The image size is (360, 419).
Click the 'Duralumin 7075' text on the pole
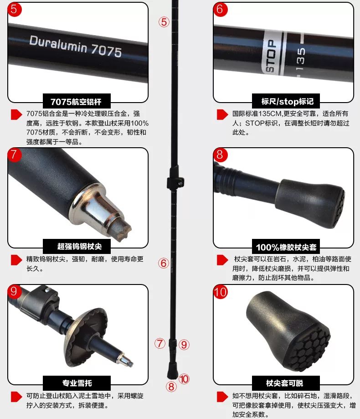click(76, 46)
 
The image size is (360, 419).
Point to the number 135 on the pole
click(300, 59)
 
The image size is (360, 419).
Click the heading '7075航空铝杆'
click(76, 102)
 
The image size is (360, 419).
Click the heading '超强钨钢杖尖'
click(80, 246)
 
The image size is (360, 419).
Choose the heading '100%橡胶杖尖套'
click(286, 247)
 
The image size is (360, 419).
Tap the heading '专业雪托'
click(77, 383)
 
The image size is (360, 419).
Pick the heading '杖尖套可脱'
click(285, 383)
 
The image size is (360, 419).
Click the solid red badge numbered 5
click(14, 10)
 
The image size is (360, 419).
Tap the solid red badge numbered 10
click(220, 292)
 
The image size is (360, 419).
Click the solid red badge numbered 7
click(14, 155)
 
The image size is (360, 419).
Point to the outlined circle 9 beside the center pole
click(184, 345)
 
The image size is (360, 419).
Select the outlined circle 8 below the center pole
click(171, 387)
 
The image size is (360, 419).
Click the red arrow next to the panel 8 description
click(222, 260)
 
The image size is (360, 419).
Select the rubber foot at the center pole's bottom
click(173, 371)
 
